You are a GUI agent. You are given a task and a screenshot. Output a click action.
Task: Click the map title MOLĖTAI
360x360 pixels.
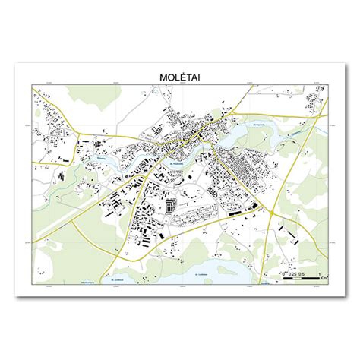click(179, 77)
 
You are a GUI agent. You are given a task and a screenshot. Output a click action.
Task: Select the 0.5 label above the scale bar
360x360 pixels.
click(301, 273)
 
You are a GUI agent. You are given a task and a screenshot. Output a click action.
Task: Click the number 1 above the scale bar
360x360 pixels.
click(319, 273)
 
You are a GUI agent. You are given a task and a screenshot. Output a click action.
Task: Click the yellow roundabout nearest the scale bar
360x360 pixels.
click(272, 213)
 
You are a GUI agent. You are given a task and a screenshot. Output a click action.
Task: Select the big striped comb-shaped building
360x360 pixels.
click(170, 204)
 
